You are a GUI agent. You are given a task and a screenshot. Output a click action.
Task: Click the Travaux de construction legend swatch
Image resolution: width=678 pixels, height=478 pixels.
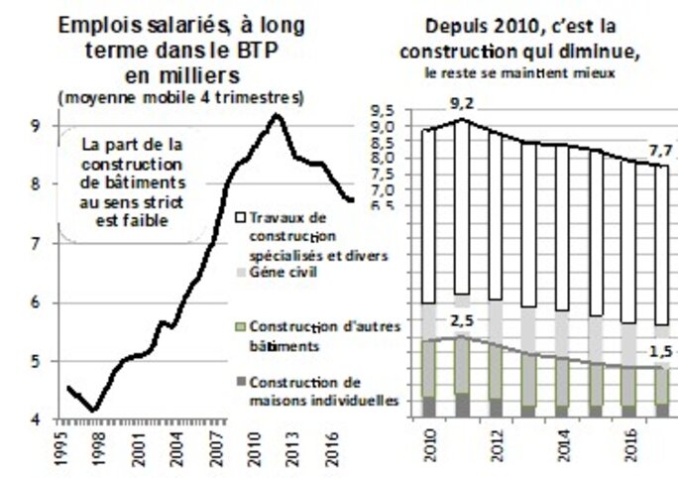pos(241,216)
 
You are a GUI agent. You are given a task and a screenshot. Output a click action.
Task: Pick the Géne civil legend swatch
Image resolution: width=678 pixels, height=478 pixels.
pos(241,272)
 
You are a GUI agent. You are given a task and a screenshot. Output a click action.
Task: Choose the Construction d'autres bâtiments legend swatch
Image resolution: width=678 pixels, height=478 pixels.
pos(241,325)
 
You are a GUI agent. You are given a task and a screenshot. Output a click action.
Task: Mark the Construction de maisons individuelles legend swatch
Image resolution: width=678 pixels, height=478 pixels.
pos(241,383)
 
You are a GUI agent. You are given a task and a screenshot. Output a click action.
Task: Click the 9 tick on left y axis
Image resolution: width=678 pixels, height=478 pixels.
pos(36,126)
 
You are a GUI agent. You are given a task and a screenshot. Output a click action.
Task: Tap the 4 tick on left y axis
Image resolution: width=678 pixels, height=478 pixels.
pos(36,420)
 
